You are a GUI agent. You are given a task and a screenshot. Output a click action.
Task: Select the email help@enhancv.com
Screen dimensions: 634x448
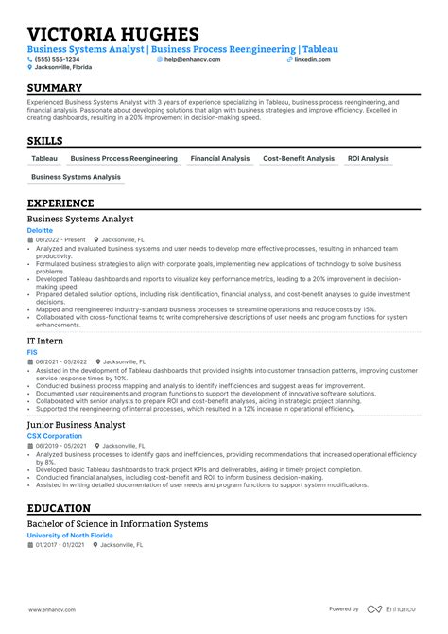(x=192, y=59)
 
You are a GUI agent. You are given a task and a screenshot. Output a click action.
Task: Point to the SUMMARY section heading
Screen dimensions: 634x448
(x=55, y=87)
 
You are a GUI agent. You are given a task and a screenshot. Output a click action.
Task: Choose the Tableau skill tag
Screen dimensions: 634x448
(x=44, y=159)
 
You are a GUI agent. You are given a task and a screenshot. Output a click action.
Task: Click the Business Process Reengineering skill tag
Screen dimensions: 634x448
(x=124, y=159)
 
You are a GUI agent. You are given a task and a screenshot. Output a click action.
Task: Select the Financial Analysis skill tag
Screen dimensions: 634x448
(x=219, y=159)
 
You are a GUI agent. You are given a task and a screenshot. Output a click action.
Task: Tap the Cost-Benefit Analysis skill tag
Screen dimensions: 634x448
(x=299, y=159)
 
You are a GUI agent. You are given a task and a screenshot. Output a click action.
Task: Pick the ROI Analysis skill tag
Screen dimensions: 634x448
(x=368, y=159)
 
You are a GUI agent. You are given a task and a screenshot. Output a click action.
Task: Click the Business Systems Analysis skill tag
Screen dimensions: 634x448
(x=76, y=177)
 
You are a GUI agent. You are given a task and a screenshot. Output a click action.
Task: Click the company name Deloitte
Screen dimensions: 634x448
(x=41, y=230)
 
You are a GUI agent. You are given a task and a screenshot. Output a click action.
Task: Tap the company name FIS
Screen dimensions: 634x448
(x=33, y=351)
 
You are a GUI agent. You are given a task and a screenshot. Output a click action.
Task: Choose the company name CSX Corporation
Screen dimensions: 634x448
(x=54, y=436)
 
